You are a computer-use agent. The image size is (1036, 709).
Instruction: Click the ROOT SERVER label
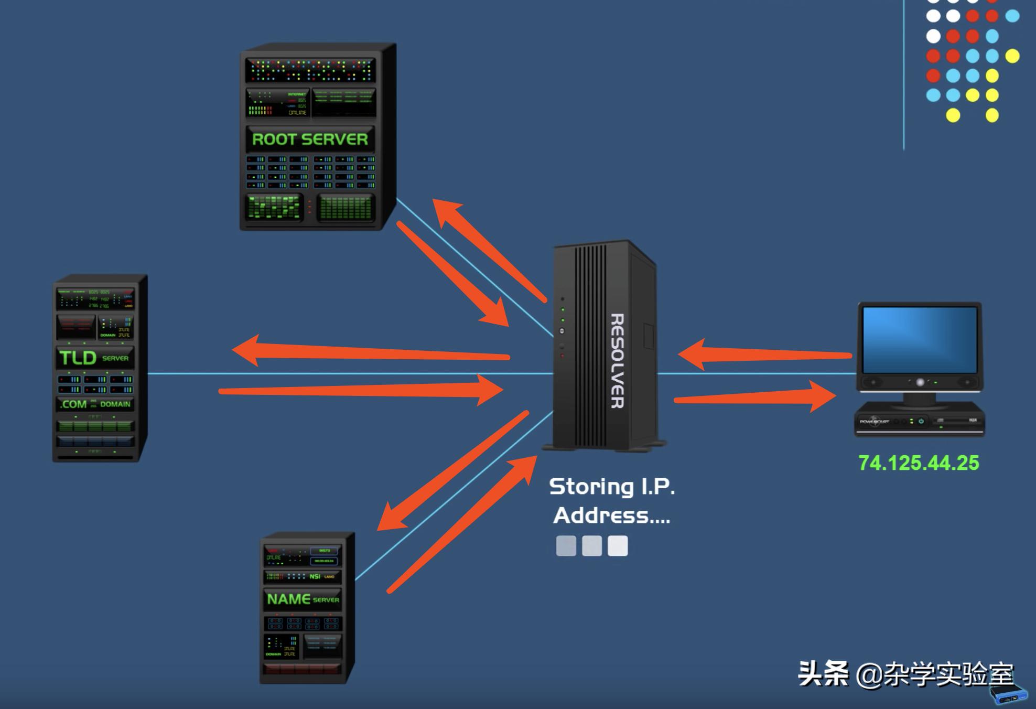(x=310, y=139)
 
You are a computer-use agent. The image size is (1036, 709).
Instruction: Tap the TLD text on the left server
(x=78, y=358)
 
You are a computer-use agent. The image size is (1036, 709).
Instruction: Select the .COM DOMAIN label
(x=95, y=404)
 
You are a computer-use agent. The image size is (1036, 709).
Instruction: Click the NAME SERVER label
(x=303, y=599)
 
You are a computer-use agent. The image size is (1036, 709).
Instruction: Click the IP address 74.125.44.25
(x=918, y=463)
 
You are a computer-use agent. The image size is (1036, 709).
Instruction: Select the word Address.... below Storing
(x=611, y=516)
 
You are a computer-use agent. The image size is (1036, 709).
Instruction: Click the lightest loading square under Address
(x=618, y=546)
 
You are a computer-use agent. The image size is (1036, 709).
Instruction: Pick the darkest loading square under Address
(x=566, y=546)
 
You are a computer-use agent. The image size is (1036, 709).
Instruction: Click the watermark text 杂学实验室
(x=948, y=674)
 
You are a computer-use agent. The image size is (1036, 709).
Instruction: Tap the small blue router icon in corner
(x=1008, y=694)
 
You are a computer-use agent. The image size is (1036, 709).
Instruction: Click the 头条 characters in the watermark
(x=823, y=674)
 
